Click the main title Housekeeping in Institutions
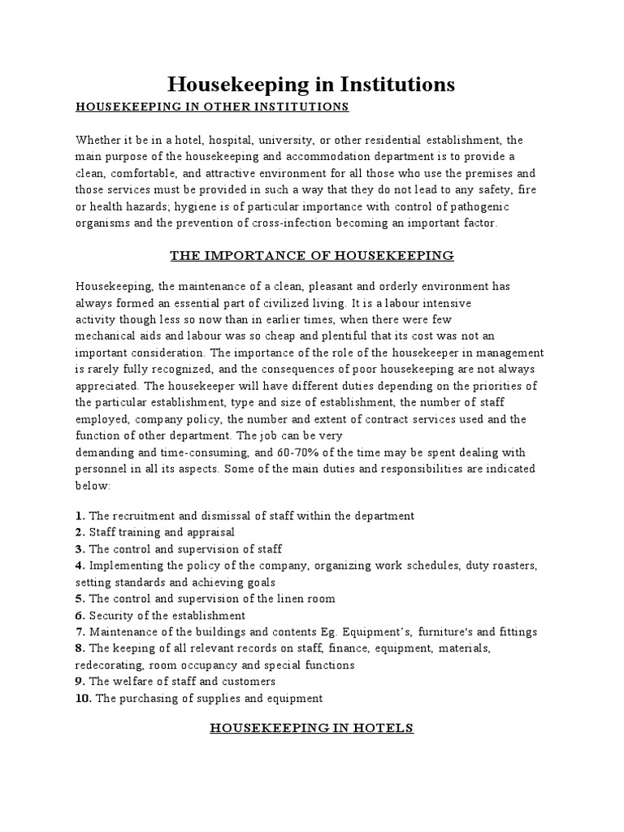pyautogui.click(x=311, y=84)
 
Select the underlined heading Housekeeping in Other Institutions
pyautogui.click(x=212, y=106)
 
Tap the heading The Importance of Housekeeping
pyautogui.click(x=311, y=256)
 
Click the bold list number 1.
pyautogui.click(x=80, y=516)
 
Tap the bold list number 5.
pyautogui.click(x=80, y=599)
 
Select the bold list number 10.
pyautogui.click(x=83, y=698)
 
